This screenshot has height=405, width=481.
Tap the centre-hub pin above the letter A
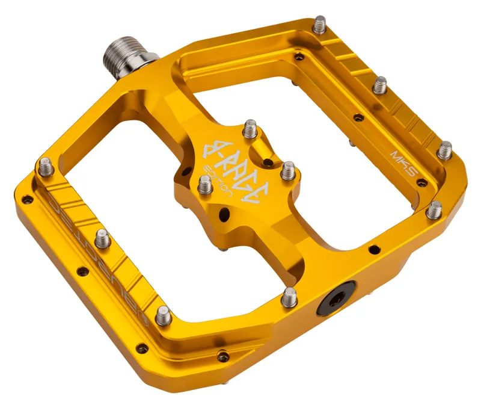coord(251,129)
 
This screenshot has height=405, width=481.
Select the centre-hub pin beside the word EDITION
coord(205,185)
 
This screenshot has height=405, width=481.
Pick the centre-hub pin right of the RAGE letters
coord(288,168)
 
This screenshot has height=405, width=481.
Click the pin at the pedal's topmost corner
coord(320,25)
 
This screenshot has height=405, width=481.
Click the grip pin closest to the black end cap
coord(290,296)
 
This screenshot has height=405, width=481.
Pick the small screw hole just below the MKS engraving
coord(422,182)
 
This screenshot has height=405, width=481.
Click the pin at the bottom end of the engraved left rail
coord(163,314)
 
